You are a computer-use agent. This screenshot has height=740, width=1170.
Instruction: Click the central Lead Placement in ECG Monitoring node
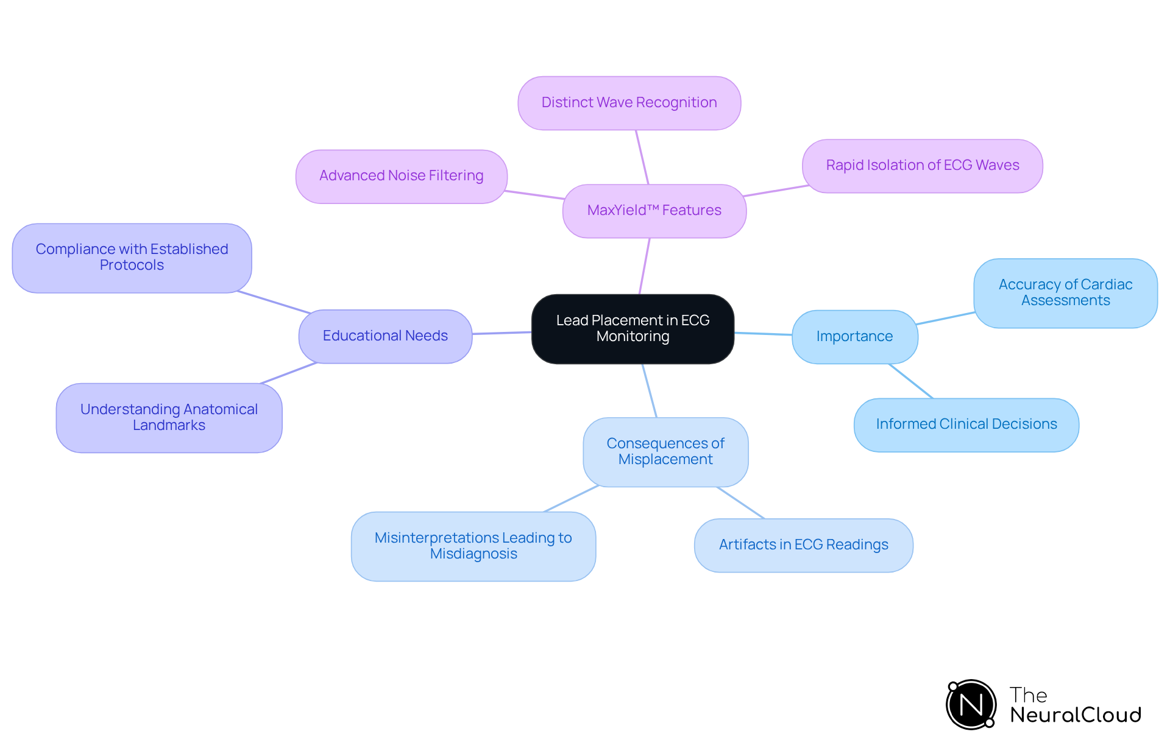point(633,329)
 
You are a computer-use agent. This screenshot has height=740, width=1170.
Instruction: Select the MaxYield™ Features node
point(654,211)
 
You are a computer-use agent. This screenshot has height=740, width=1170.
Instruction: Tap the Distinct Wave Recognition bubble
point(629,103)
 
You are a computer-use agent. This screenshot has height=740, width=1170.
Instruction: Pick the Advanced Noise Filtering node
point(401,176)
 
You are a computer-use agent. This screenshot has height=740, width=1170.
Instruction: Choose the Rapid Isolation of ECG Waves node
point(922,166)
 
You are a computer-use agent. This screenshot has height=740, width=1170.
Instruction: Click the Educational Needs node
point(385,336)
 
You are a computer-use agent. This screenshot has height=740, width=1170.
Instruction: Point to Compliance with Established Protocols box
point(132,258)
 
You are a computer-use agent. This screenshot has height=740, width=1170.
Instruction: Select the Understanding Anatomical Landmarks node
point(169,418)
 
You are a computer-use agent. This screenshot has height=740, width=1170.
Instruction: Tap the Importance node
point(854,337)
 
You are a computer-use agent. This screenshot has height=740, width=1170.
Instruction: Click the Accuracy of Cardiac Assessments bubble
point(1065,293)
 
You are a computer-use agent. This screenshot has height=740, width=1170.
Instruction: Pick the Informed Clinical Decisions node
point(966,425)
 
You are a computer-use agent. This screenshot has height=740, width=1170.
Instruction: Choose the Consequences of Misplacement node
point(665,452)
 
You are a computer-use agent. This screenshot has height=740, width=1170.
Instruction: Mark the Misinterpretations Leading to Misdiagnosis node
point(473,546)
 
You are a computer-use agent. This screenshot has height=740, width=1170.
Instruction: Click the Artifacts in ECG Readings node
point(803,545)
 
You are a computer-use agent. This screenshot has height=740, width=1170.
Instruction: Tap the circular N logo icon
point(971,705)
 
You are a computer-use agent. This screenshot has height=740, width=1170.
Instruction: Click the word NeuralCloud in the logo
point(1076,715)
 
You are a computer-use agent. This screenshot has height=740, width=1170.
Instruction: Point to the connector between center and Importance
point(763,334)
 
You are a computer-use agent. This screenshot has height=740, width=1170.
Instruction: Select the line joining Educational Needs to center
point(502,333)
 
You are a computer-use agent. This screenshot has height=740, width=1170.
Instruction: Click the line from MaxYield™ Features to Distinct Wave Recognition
point(642,157)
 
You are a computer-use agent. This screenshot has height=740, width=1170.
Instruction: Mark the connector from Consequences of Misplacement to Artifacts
point(740,502)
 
